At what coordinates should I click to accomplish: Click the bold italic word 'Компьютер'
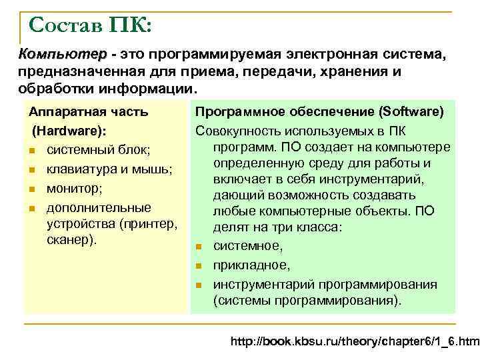pyautogui.click(x=62, y=53)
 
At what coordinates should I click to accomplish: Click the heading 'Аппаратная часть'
pyautogui.click(x=88, y=112)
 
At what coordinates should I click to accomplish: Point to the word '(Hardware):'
pyautogui.click(x=69, y=129)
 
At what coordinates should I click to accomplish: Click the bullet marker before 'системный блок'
pyautogui.click(x=32, y=148)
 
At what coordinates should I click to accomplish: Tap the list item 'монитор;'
pyautogui.click(x=74, y=188)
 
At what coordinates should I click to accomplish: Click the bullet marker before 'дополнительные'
pyautogui.click(x=32, y=209)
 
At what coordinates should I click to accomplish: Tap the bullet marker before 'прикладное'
pyautogui.click(x=199, y=266)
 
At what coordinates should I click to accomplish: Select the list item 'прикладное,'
pyautogui.click(x=251, y=265)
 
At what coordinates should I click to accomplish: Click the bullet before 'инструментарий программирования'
pyautogui.click(x=199, y=285)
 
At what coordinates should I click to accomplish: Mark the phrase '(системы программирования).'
pyautogui.click(x=307, y=301)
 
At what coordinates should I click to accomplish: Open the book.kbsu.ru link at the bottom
pyautogui.click(x=354, y=342)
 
